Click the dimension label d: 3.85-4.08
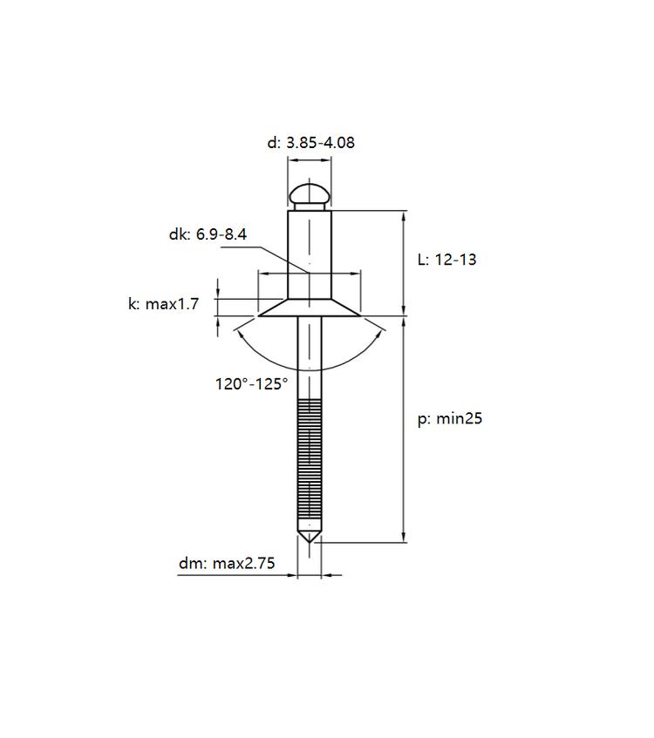pos(311,143)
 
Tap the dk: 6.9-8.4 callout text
pos(208,234)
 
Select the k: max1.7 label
pos(164,304)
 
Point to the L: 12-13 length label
pos(447,260)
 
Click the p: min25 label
pos(450,419)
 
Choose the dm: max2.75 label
pos(227,564)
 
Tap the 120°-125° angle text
pos(252,384)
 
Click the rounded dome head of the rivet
pos(310,198)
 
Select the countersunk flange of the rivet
pos(309,308)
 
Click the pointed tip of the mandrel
pos(309,542)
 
